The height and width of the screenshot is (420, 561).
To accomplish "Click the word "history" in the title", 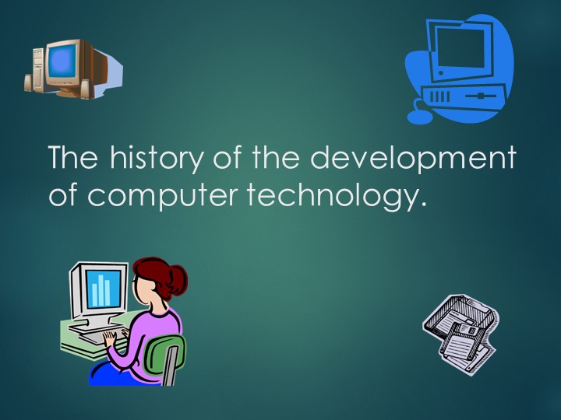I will click(x=156, y=159).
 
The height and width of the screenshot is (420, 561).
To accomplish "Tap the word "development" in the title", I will click(x=413, y=159).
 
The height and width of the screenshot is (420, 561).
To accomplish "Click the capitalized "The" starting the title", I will click(x=73, y=159).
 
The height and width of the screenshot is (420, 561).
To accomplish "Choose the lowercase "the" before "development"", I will click(x=277, y=159).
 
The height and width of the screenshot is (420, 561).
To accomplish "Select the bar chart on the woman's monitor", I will click(x=101, y=290).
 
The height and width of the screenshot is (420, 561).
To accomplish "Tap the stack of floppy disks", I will click(x=460, y=331).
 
